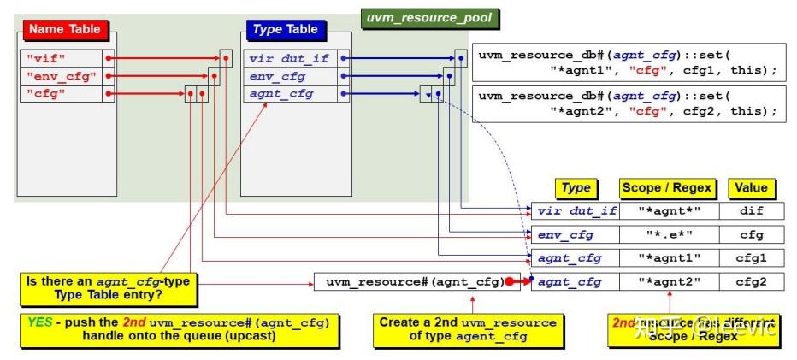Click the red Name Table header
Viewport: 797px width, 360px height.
coord(64,29)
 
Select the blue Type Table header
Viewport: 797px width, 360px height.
coord(285,29)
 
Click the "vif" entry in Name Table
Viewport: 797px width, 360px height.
coord(59,58)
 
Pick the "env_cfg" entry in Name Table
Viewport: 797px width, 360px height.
coord(59,76)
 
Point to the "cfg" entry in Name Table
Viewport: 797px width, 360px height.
coord(59,93)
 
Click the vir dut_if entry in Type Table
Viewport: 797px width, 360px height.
coord(290,58)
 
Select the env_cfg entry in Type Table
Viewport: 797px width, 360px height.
coord(290,76)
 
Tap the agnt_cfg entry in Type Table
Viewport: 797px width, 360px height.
coord(290,93)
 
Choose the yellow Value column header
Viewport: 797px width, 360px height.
coord(752,188)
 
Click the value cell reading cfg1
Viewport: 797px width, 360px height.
coord(752,257)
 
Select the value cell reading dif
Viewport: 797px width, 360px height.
coord(752,211)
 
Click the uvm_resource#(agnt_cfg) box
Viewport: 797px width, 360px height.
coord(411,281)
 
